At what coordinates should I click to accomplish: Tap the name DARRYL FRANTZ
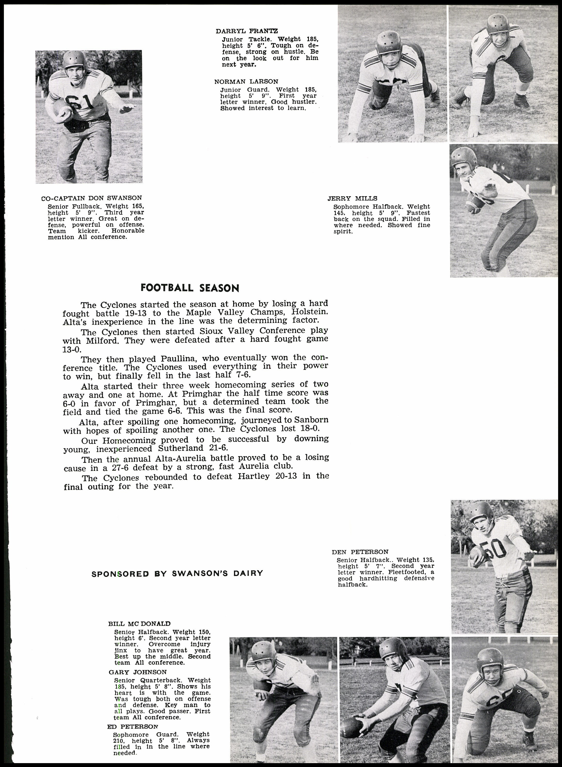[x=247, y=31]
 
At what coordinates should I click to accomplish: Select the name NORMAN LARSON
[x=246, y=82]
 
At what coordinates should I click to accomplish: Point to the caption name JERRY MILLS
[x=352, y=198]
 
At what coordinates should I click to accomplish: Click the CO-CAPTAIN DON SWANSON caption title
[x=92, y=198]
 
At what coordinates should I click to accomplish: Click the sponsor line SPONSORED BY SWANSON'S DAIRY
[x=177, y=573]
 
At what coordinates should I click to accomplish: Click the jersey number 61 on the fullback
[x=79, y=101]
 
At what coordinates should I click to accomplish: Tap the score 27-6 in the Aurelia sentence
[x=123, y=467]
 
